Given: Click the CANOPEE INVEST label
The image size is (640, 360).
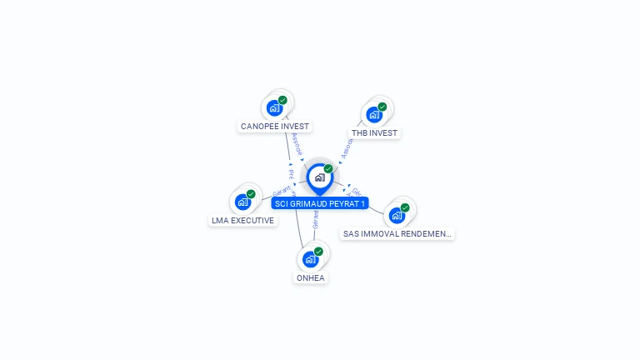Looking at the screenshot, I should pyautogui.click(x=274, y=127).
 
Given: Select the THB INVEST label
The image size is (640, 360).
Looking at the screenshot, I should pyautogui.click(x=374, y=133).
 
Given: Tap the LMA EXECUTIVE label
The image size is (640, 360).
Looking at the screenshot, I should pyautogui.click(x=242, y=221).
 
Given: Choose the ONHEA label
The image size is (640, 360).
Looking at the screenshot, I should pyautogui.click(x=310, y=278).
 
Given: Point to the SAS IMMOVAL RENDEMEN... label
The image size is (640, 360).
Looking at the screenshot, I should pyautogui.click(x=397, y=234).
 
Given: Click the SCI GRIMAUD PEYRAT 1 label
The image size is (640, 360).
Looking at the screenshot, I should pyautogui.click(x=319, y=203).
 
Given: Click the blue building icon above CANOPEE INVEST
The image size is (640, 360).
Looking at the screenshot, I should pyautogui.click(x=273, y=107).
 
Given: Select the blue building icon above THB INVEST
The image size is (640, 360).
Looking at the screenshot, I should pyautogui.click(x=374, y=114).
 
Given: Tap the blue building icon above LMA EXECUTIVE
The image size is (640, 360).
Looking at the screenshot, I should pyautogui.click(x=242, y=202).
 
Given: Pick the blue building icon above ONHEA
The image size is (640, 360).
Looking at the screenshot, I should pyautogui.click(x=310, y=259).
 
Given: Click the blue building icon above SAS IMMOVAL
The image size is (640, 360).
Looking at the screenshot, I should pyautogui.click(x=397, y=215).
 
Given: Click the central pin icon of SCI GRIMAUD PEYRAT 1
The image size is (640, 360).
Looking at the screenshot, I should pyautogui.click(x=319, y=177).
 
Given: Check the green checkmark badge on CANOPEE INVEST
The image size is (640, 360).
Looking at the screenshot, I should pyautogui.click(x=282, y=100).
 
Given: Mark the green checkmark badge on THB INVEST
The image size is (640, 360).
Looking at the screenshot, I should pyautogui.click(x=382, y=107).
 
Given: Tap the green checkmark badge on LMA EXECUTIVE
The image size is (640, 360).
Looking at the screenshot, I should pyautogui.click(x=251, y=194).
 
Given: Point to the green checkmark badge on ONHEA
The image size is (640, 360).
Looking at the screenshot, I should pyautogui.click(x=318, y=252).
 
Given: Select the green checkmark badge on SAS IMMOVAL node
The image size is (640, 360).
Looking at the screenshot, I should pyautogui.click(x=405, y=207).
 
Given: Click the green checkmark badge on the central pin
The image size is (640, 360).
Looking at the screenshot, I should pyautogui.click(x=328, y=169).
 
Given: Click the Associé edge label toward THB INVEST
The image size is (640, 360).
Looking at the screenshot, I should pyautogui.click(x=347, y=147).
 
